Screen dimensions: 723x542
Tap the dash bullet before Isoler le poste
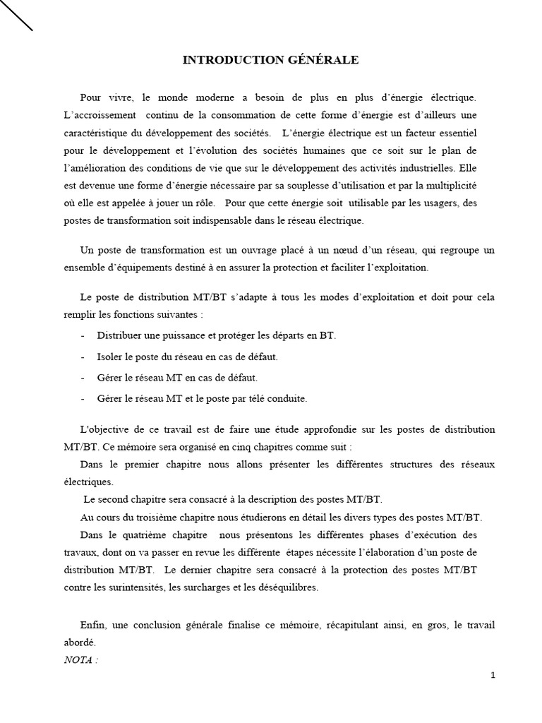pos(83,357)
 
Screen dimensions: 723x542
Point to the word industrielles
pos(421,167)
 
